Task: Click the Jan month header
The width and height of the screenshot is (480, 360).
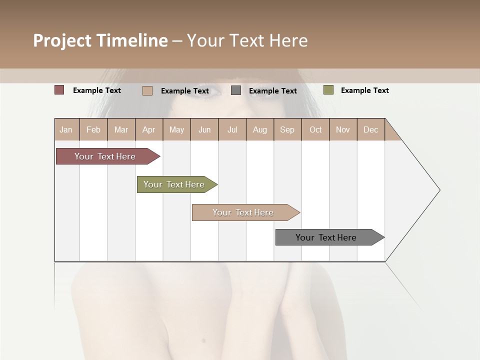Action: pyautogui.click(x=66, y=129)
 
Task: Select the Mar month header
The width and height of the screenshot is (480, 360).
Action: pyautogui.click(x=121, y=129)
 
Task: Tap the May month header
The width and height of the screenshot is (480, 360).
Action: pyautogui.click(x=176, y=129)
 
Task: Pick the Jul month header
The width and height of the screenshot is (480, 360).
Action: pyautogui.click(x=232, y=129)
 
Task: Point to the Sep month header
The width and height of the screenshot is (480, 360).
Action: pyautogui.click(x=287, y=129)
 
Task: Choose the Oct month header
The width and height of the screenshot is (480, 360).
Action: pyautogui.click(x=315, y=129)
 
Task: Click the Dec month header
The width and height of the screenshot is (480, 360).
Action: pyautogui.click(x=370, y=129)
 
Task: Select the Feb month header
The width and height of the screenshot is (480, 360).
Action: pyautogui.click(x=93, y=129)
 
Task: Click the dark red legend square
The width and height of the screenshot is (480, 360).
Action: pyautogui.click(x=59, y=90)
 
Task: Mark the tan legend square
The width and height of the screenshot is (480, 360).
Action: pyautogui.click(x=147, y=90)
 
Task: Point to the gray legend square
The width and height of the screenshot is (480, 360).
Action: pyautogui.click(x=236, y=90)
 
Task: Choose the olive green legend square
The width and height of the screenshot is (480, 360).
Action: pyautogui.click(x=328, y=90)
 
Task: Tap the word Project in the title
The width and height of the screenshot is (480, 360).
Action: pyautogui.click(x=62, y=40)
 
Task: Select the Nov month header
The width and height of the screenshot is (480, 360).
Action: pyautogui.click(x=343, y=129)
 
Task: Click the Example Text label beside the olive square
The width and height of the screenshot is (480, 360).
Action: pyautogui.click(x=364, y=90)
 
